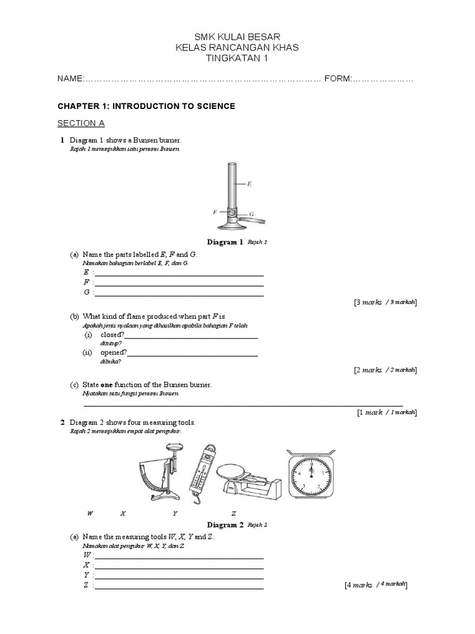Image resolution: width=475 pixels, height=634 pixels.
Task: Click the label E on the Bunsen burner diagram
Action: point(249,184)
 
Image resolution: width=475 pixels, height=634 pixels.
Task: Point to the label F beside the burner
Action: point(215,211)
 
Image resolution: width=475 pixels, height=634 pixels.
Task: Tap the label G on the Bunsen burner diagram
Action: point(252,214)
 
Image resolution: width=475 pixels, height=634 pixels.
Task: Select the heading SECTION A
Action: point(81,123)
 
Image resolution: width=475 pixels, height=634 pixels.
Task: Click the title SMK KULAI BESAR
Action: point(237,38)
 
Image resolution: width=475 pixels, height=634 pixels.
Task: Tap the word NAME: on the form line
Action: point(70,79)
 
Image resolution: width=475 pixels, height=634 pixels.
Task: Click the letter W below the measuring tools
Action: point(90,514)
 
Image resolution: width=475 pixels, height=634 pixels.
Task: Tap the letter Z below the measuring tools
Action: point(234,514)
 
